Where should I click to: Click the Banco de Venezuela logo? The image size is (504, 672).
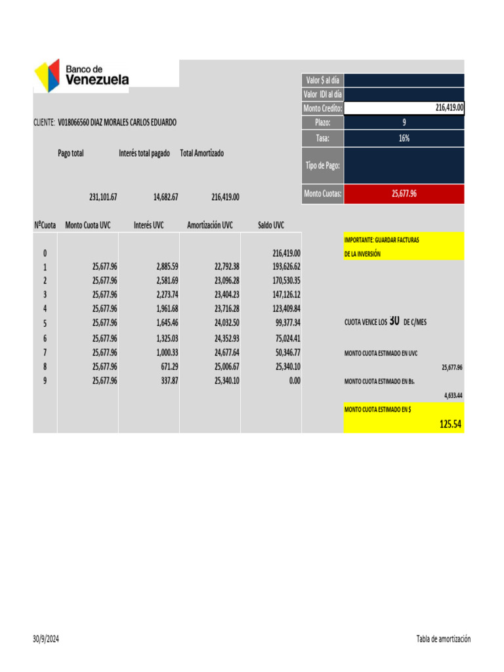point(81,75)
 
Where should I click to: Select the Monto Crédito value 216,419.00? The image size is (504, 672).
point(450,108)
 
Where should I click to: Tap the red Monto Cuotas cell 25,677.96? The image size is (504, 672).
point(404,194)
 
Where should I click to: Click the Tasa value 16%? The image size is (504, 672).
point(404,138)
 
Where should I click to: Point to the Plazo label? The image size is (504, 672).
point(322,123)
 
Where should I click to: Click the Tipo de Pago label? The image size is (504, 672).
point(322,165)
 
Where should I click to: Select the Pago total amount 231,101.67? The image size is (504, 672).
point(103,196)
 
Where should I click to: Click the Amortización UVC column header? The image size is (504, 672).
point(209,225)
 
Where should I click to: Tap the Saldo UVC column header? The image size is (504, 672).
point(271,225)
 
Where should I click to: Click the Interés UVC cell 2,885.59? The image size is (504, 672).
point(167,267)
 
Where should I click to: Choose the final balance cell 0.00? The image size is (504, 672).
point(295,380)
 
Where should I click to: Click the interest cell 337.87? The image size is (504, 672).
point(169,380)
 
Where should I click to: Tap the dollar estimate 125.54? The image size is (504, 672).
point(451,425)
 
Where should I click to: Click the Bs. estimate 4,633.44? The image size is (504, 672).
point(453,396)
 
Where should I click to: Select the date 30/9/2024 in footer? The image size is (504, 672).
point(46,639)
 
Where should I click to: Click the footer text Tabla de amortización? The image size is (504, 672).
point(443,639)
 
